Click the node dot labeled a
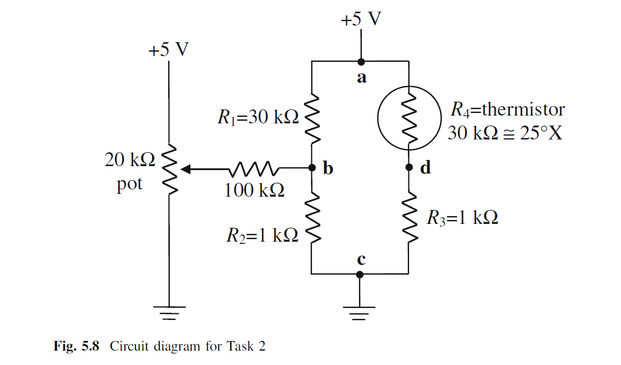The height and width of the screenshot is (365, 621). click(x=361, y=62)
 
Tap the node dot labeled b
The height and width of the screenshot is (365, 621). click(x=312, y=167)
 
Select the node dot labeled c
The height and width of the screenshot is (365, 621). click(x=360, y=274)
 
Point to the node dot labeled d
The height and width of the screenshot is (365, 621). click(x=409, y=167)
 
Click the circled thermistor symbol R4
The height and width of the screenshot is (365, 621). click(x=409, y=117)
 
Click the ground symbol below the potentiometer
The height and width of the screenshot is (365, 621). click(x=169, y=313)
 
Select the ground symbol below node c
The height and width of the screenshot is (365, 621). click(x=360, y=313)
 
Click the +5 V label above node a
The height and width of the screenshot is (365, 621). click(x=361, y=19)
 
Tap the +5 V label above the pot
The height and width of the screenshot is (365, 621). click(x=168, y=50)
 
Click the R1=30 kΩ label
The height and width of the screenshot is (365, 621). click(x=258, y=117)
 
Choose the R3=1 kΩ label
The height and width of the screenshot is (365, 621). click(x=462, y=218)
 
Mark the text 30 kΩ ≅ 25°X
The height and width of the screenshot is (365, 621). click(x=504, y=134)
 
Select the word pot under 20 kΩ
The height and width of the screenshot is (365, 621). click(x=129, y=184)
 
